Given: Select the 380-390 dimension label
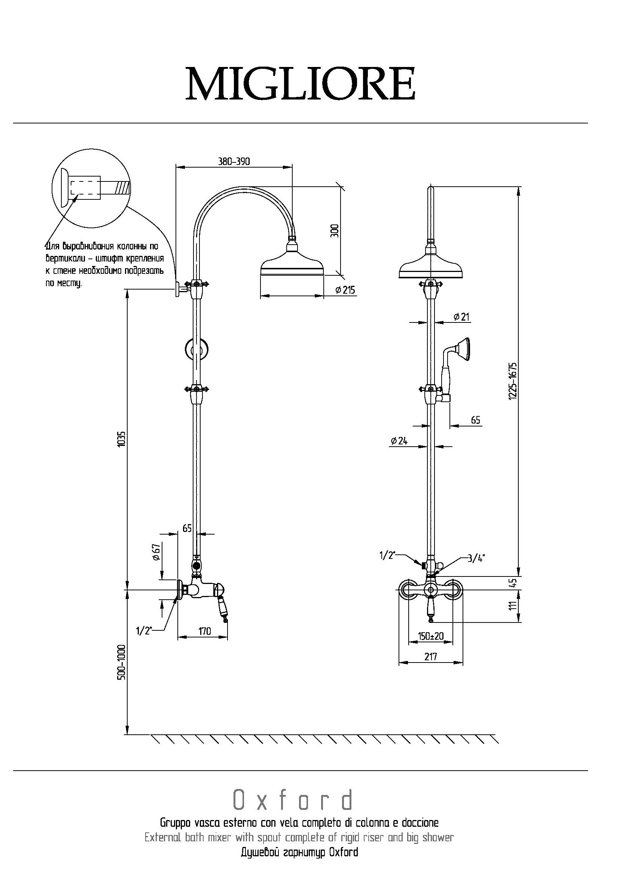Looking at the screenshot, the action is click(x=234, y=161).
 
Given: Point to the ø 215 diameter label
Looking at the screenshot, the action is click(x=345, y=290).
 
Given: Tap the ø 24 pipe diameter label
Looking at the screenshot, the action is click(x=399, y=441).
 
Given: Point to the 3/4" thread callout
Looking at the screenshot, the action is click(x=476, y=559).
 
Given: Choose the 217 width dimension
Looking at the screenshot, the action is click(x=430, y=657).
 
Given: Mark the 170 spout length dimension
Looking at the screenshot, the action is click(x=204, y=631).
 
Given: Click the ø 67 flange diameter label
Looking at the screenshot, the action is click(x=155, y=552).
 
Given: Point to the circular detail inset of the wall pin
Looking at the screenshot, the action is click(x=91, y=189).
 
